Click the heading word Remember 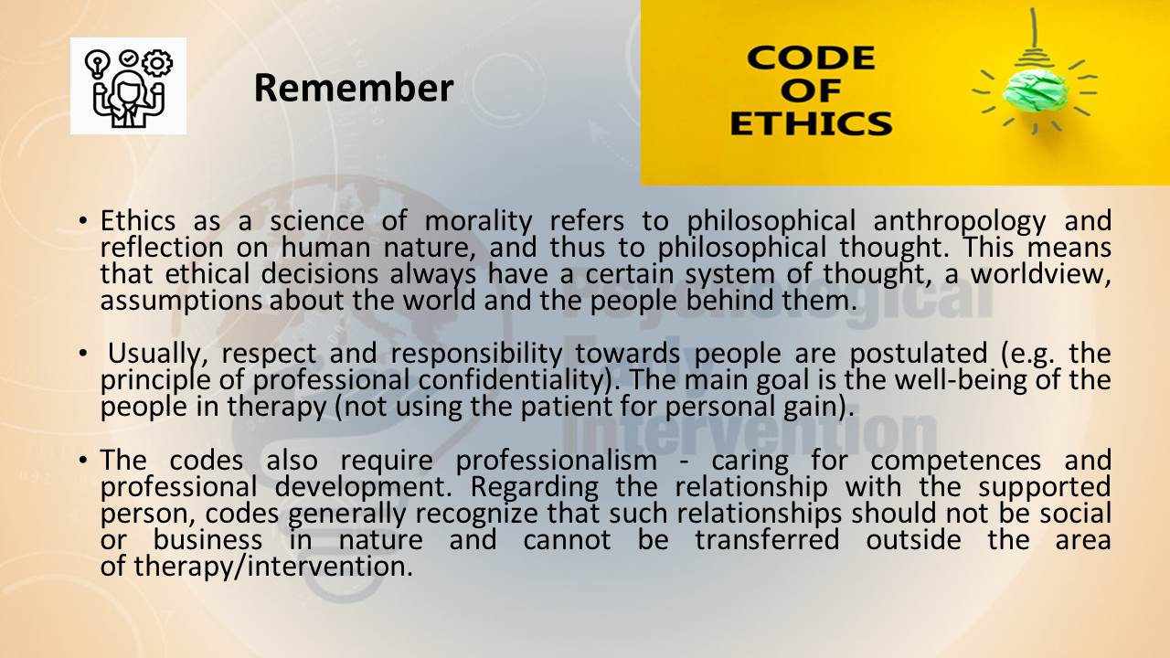point(354,88)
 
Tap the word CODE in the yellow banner point(811,58)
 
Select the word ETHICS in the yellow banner point(811,123)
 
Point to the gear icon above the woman point(156,63)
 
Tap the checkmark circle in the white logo point(128,58)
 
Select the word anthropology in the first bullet point(960,221)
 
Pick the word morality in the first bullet point(478,221)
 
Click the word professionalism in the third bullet point(557,461)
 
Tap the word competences point(956,462)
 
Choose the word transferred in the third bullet point(767,540)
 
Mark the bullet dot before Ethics point(83,221)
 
